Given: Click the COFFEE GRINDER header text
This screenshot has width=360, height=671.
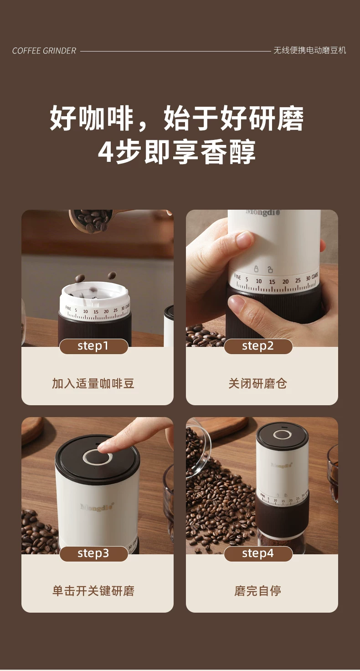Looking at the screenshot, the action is tap(44, 51).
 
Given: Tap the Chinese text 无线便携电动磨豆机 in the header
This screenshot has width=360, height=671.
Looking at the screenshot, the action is tap(310, 50).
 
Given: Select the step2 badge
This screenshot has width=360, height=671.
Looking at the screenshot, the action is tap(258, 346).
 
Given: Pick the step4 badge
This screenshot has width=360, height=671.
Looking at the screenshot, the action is tap(258, 553).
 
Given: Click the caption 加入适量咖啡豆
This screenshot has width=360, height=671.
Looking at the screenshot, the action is tap(93, 383).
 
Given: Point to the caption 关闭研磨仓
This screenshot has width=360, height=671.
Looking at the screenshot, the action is tap(258, 383).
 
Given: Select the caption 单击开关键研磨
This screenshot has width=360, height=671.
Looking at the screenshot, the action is tap(93, 591).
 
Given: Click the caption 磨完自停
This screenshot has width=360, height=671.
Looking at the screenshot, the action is tap(258, 591).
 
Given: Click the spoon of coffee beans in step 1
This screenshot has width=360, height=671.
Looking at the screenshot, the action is tap(91, 220).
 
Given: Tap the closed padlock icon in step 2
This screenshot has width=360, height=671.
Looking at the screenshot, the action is tap(256, 268).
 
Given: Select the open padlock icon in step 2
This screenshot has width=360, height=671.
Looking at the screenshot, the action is tap(270, 269).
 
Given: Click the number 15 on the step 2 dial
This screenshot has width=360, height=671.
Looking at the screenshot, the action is tap(272, 282).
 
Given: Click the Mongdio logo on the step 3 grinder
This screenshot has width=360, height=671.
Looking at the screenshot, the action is tap(97, 507).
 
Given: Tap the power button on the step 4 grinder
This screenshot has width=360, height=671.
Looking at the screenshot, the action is tap(282, 435).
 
